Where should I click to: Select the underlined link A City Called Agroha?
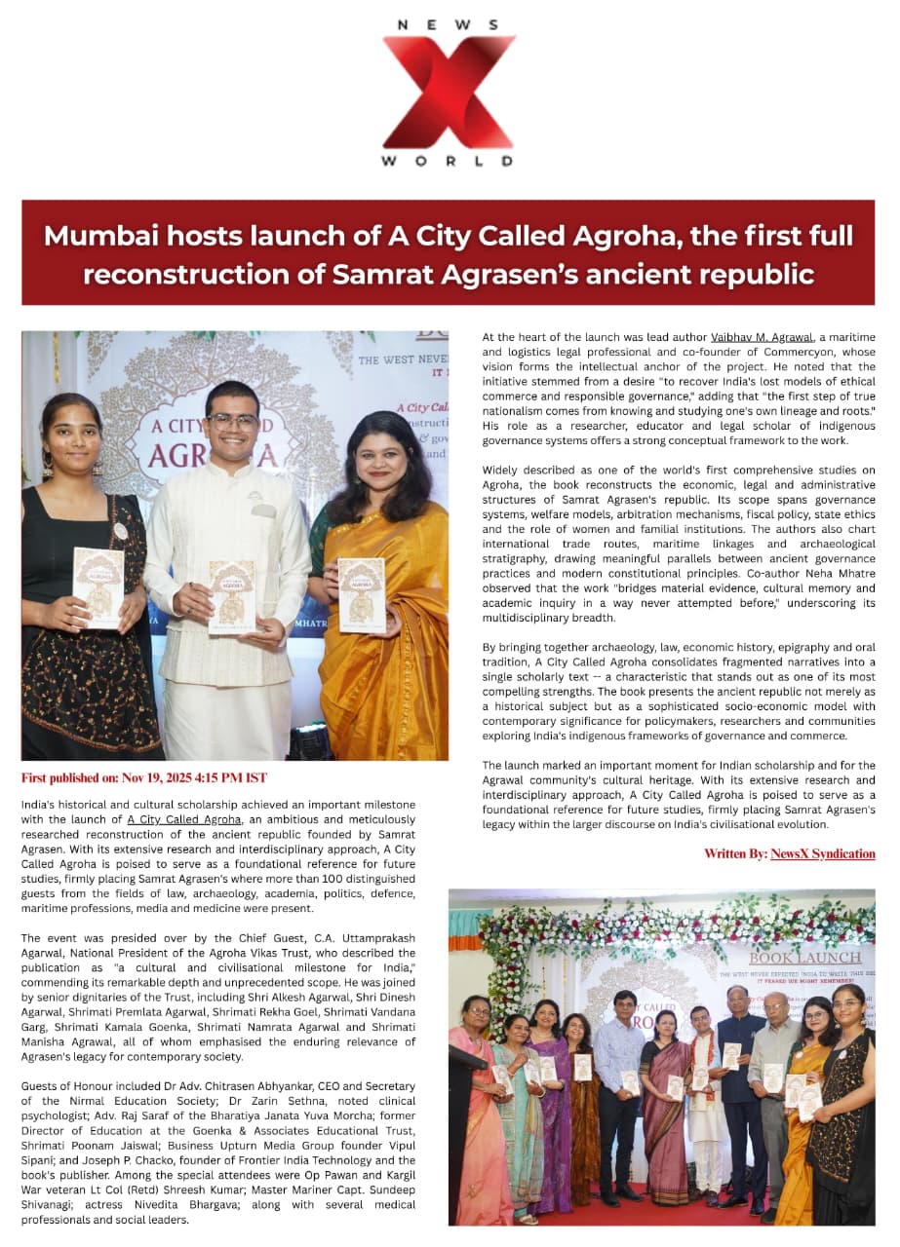pos(183,819)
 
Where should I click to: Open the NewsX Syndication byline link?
pos(822,853)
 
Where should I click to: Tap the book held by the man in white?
pos(232,595)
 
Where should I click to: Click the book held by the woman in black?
pos(98,586)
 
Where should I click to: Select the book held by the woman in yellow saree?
pos(361,594)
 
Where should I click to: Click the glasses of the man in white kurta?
pos(234,423)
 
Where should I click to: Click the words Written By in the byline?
pos(735,853)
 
